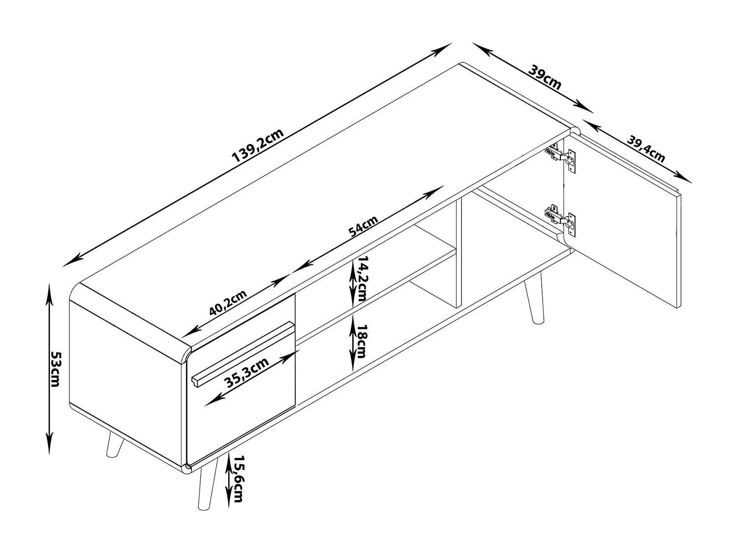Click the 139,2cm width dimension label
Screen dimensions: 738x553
click(x=258, y=145)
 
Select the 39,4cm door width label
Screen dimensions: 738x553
click(x=646, y=149)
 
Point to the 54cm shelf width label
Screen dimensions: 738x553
click(x=364, y=226)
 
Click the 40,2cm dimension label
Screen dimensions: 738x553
click(x=228, y=302)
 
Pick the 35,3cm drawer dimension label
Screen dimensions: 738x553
click(x=246, y=373)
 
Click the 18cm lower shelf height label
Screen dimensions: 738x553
click(x=362, y=341)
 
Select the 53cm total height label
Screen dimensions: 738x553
click(x=56, y=369)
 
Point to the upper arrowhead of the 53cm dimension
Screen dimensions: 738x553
click(x=49, y=296)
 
